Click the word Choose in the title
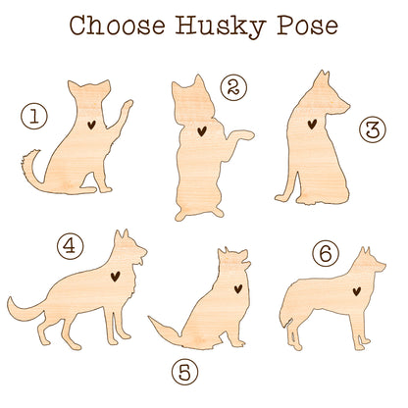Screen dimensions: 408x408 117,25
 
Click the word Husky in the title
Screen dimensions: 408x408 221,26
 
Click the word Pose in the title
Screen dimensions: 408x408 308,25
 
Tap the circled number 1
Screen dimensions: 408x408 34,116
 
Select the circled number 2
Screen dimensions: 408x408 233,87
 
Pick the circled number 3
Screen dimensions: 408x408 373,129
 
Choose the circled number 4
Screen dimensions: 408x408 71,246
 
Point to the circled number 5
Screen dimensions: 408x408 185,372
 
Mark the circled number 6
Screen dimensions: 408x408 326,253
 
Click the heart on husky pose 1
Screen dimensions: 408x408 91,125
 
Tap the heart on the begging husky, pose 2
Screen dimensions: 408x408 202,131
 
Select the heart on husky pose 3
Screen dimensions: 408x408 312,124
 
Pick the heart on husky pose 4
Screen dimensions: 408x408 115,277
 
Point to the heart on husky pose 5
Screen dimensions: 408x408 238,288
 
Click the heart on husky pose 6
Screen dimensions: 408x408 357,291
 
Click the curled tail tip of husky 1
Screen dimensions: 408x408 36,151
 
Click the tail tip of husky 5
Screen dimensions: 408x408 151,318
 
